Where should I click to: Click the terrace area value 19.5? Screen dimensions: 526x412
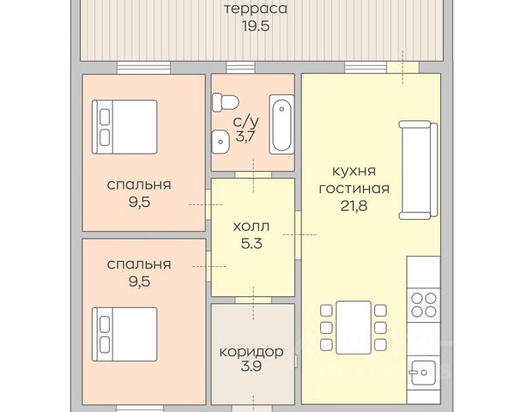(x=256, y=26)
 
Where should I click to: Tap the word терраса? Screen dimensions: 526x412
(x=256, y=9)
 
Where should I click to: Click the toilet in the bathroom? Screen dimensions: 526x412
(x=226, y=101)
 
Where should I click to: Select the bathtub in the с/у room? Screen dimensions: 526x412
(x=281, y=124)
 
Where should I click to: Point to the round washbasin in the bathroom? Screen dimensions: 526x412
(x=220, y=142)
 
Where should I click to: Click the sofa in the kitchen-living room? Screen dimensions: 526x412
(x=419, y=170)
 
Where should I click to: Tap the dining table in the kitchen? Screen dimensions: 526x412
(x=354, y=327)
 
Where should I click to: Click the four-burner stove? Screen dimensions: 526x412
(x=424, y=305)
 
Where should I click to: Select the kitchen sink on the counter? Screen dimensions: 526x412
(x=423, y=373)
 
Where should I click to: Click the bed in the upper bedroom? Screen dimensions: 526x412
(x=124, y=127)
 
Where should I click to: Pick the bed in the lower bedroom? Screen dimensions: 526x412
(x=124, y=334)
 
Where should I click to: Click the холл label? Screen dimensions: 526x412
(x=251, y=227)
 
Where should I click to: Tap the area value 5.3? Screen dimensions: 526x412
(x=251, y=244)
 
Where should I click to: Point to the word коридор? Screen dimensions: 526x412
(x=251, y=352)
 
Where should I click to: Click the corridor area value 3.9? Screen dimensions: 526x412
(x=251, y=367)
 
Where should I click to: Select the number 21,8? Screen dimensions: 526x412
(x=354, y=206)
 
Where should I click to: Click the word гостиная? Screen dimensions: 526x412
(x=354, y=188)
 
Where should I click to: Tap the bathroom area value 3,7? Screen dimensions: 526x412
(x=245, y=136)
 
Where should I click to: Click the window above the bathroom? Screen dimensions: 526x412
(x=240, y=68)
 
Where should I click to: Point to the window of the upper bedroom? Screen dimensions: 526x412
(x=143, y=68)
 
